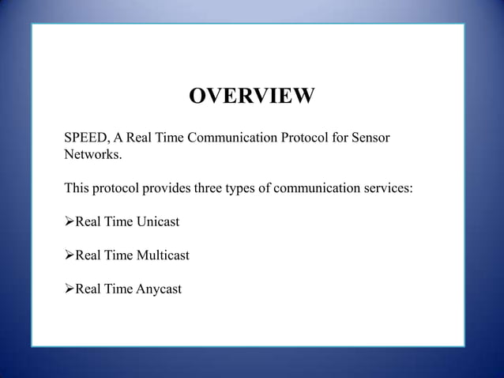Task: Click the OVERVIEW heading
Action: (x=252, y=96)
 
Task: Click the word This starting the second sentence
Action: (x=77, y=189)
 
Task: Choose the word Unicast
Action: (x=157, y=222)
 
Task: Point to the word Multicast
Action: (x=162, y=255)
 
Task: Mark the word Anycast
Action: (x=158, y=289)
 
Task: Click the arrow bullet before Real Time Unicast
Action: (x=68, y=222)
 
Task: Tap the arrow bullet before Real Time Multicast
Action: (x=68, y=255)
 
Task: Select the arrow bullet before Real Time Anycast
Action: (x=68, y=289)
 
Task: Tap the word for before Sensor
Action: (x=337, y=140)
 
